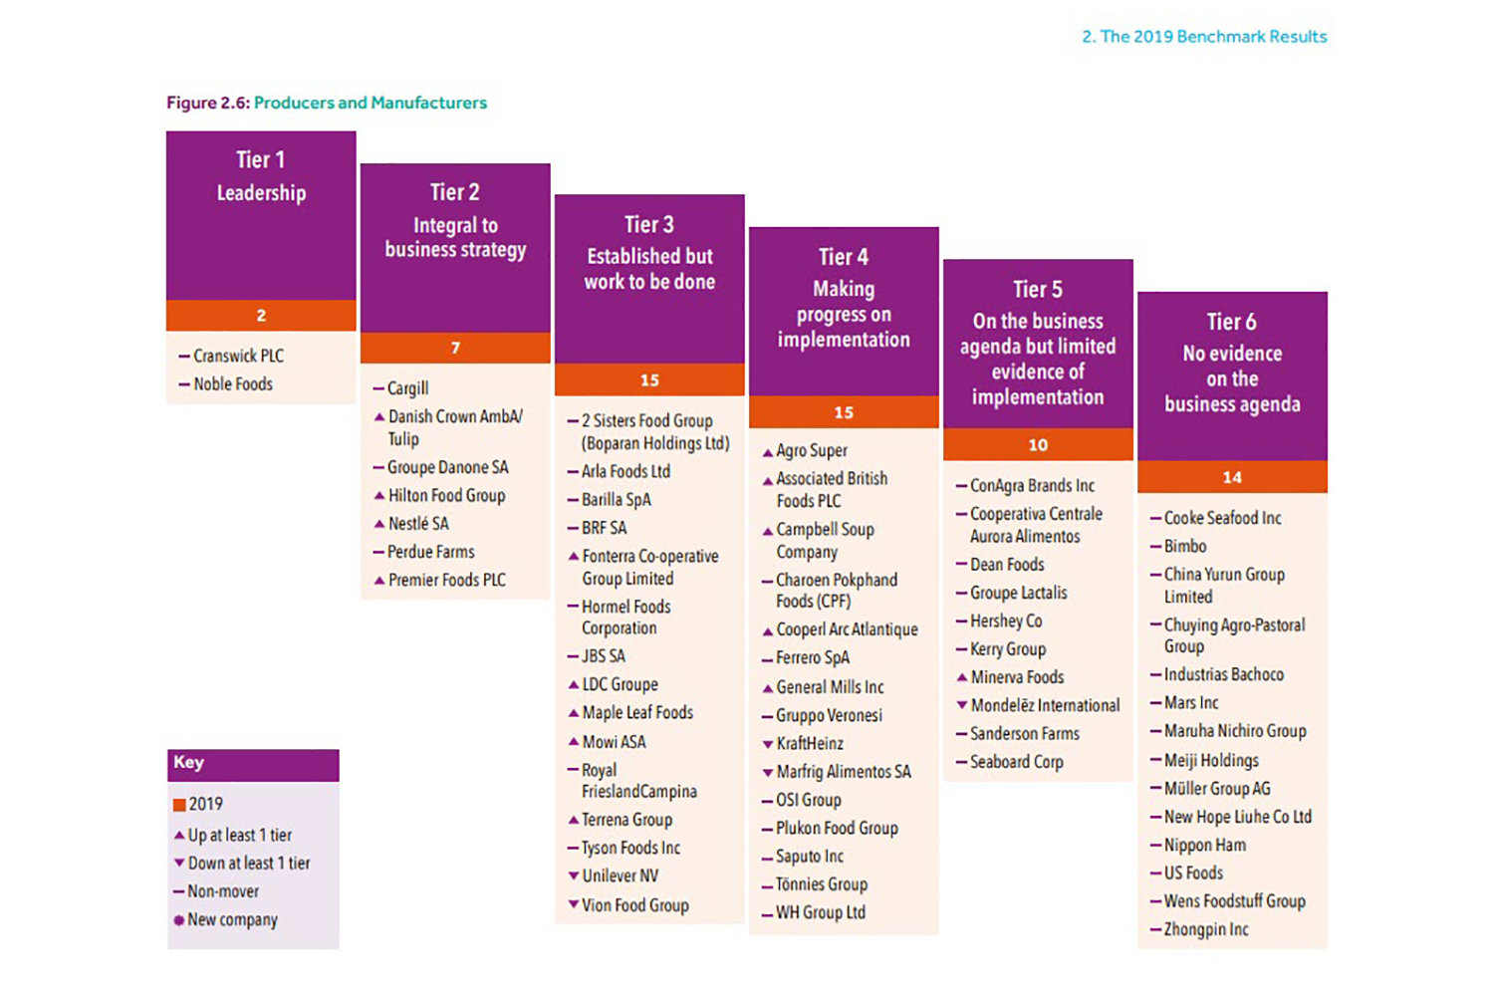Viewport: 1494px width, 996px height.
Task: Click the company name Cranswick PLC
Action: pyautogui.click(x=238, y=356)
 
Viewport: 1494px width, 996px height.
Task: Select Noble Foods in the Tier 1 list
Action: pyautogui.click(x=232, y=383)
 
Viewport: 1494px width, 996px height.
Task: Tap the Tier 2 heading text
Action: pyautogui.click(x=454, y=191)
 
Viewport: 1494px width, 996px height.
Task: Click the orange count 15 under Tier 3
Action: pyautogui.click(x=649, y=379)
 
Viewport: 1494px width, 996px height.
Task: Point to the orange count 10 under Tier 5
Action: pyautogui.click(x=1038, y=444)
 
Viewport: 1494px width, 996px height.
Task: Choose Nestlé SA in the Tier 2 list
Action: pyautogui.click(x=418, y=523)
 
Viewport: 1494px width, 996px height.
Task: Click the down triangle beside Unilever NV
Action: pyautogui.click(x=574, y=875)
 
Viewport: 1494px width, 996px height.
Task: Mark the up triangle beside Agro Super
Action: pyautogui.click(x=768, y=452)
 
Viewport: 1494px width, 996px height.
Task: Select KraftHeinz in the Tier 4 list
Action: pyautogui.click(x=809, y=743)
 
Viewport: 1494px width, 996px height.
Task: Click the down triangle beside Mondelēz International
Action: pyautogui.click(x=962, y=705)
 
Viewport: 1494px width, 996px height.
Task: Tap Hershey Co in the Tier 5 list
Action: pyautogui.click(x=1006, y=621)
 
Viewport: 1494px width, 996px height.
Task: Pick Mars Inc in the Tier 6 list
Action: pyautogui.click(x=1191, y=702)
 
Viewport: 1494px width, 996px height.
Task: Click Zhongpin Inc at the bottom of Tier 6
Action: pyautogui.click(x=1205, y=929)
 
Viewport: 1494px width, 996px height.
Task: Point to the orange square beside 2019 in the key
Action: pyautogui.click(x=179, y=805)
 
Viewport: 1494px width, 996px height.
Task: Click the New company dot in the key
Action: pyautogui.click(x=179, y=920)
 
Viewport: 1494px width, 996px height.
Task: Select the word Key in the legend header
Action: pyautogui.click(x=188, y=762)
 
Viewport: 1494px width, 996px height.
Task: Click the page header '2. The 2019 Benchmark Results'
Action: pyautogui.click(x=1204, y=37)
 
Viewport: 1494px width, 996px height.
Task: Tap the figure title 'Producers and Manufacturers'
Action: pyautogui.click(x=370, y=103)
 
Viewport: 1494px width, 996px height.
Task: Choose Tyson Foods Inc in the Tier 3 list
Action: pyautogui.click(x=630, y=848)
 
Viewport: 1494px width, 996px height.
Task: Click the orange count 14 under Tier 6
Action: pyautogui.click(x=1232, y=477)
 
